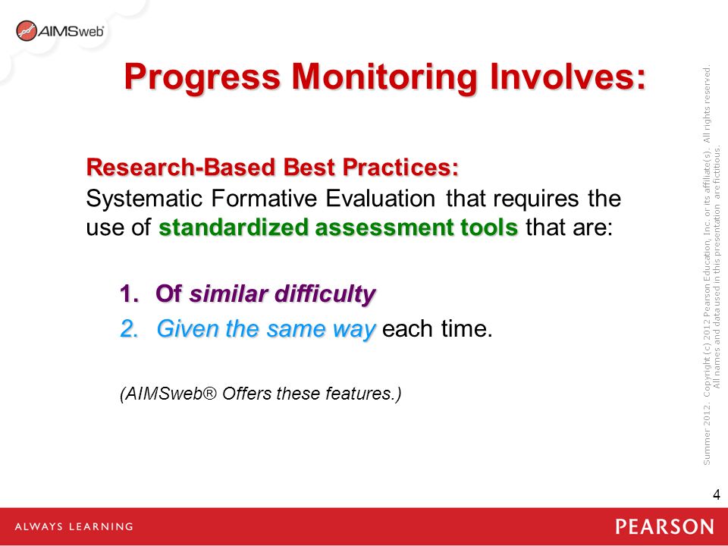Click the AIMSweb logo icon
pos(26,30)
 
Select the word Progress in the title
pos(202,78)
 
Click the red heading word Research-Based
pos(180,167)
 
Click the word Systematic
pos(144,199)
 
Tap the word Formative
pos(264,198)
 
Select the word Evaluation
pos(380,198)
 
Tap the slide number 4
pos(717,494)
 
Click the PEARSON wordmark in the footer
pos(664,527)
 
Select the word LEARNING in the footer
pos(100,527)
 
